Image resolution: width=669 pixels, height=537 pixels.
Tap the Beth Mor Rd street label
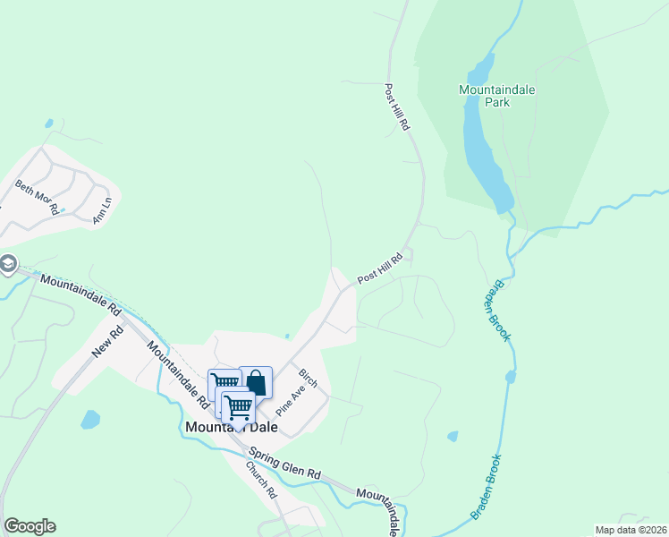point(37,197)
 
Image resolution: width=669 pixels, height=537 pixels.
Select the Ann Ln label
point(101,210)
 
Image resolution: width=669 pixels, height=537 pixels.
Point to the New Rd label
point(106,341)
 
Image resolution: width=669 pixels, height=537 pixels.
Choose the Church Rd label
point(262,481)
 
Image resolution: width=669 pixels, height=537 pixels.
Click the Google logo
point(30,526)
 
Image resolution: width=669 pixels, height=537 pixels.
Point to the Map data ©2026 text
point(631,530)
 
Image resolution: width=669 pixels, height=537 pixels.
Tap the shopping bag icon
point(256,382)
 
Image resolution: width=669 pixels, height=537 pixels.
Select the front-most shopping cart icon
point(238,407)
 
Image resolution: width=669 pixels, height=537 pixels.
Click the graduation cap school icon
point(7,265)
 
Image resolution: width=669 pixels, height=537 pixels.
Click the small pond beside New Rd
point(90,419)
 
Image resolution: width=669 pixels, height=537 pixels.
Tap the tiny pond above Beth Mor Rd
point(48,124)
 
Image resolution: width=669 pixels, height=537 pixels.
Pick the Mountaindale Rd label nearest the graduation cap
point(80,294)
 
